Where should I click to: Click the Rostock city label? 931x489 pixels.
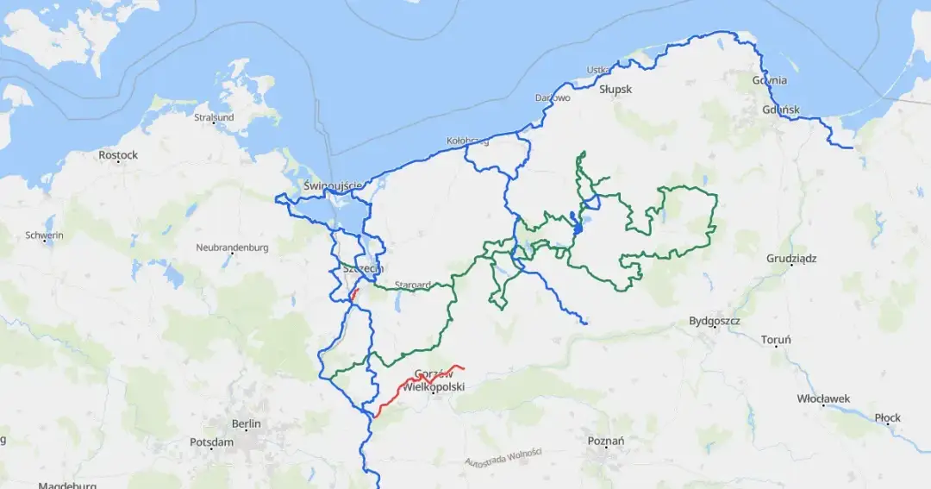118,155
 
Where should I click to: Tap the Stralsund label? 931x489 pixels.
214,117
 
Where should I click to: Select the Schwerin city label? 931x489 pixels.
44,235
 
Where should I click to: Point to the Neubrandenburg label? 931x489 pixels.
232,248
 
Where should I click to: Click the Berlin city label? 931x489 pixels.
246,423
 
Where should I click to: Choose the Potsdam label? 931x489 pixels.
211,442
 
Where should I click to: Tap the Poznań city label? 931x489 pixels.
605,441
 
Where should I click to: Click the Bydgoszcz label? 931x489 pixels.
715,322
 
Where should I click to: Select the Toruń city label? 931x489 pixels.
776,340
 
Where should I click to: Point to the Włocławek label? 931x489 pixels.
822,398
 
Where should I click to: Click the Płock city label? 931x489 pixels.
887,417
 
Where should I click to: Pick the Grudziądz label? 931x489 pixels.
791,259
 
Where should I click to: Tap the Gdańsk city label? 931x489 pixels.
782,110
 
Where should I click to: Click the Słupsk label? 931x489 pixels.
615,89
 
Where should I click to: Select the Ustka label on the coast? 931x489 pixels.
597,70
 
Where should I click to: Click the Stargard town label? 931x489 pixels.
412,285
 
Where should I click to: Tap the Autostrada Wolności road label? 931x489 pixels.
503,457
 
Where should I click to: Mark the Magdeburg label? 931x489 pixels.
66,485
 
